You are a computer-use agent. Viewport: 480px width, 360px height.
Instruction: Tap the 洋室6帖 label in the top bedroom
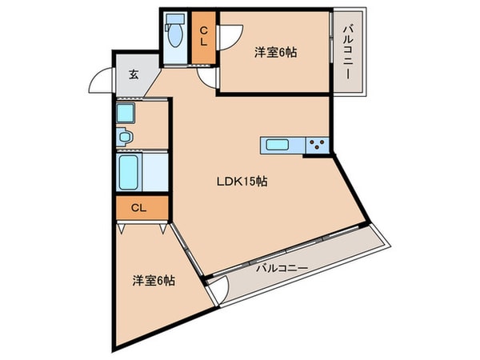point(276,52)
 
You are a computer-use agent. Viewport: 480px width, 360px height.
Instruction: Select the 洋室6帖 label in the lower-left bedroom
point(154,281)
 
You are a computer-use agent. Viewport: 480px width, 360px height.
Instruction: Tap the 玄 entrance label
point(134,76)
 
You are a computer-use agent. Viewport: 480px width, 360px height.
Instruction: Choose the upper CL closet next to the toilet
point(204,37)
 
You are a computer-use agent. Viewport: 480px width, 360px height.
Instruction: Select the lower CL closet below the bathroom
point(138,208)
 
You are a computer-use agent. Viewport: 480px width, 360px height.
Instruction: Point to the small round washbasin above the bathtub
point(125,138)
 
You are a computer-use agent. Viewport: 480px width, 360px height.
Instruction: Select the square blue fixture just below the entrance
point(126,114)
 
